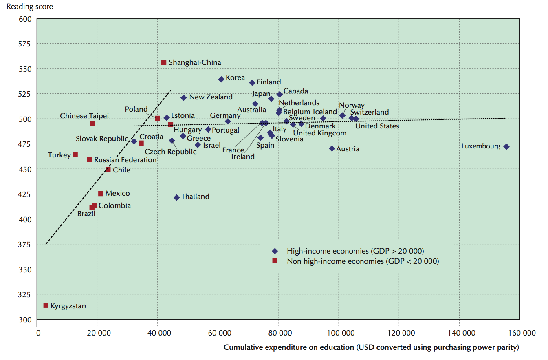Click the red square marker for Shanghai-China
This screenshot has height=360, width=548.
tap(164, 62)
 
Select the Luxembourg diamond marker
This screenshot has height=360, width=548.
tap(506, 146)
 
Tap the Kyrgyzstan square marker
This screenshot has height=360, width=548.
tap(46, 305)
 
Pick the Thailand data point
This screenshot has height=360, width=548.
tap(176, 197)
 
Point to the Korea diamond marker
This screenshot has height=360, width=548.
tap(221, 79)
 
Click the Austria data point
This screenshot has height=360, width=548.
tap(332, 148)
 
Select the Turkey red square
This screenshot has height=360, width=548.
tap(75, 155)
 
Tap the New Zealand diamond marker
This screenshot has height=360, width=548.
tap(183, 97)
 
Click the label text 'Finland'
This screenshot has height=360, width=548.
tap(268, 82)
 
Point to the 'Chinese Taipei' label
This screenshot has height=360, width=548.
tap(84, 116)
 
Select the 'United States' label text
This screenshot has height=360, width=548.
tap(377, 126)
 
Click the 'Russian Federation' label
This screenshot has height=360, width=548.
tap(125, 160)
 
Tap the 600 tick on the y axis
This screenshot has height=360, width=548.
tap(26, 19)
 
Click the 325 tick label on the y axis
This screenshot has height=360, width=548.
tap(26, 294)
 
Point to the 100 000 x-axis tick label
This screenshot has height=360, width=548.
tap(339, 333)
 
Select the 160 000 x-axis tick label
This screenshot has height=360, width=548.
tap(519, 333)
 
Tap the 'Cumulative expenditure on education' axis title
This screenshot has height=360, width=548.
tap(371, 347)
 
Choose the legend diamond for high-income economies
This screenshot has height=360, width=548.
tap(275, 251)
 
